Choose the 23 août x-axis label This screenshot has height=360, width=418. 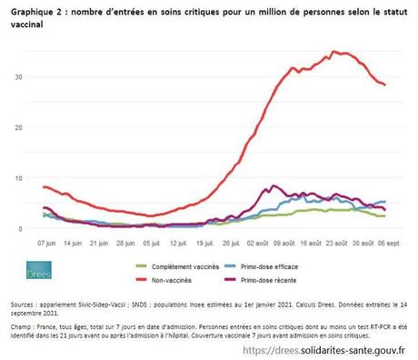tap(337, 244)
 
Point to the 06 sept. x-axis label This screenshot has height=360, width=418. tap(390, 244)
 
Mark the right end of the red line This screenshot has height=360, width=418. tap(385, 85)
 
